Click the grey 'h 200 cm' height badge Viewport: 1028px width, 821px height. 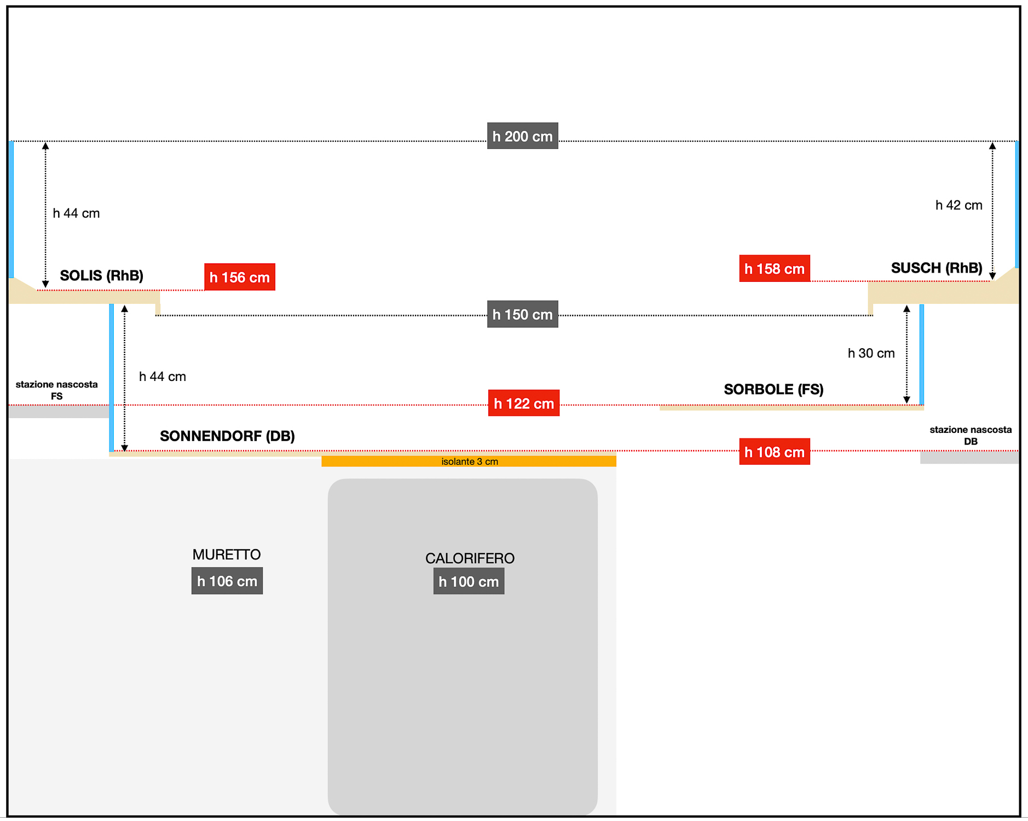523,136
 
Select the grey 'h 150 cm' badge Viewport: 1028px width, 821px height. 523,314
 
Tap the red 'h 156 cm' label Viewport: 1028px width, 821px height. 240,277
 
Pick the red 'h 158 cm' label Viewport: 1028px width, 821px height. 775,268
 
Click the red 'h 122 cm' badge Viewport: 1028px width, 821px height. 524,403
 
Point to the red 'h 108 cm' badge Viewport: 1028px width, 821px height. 775,452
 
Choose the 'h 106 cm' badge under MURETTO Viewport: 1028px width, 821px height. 227,581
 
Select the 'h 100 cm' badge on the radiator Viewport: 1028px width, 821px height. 469,581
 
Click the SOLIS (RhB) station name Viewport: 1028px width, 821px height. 102,275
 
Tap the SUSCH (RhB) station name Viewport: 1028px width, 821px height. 937,268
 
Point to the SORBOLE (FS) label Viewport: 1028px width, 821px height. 773,389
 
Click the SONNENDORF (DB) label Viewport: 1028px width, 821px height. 227,436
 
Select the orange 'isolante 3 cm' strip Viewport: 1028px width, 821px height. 469,461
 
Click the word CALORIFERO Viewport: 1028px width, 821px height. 470,558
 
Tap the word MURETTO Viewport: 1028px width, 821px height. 227,554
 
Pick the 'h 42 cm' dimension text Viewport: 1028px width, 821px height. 959,205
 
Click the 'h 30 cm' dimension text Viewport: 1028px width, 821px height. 871,353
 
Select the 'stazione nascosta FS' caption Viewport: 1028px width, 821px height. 57,390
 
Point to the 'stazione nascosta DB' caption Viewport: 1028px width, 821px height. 971,436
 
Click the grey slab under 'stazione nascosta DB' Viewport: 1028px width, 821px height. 969,458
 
